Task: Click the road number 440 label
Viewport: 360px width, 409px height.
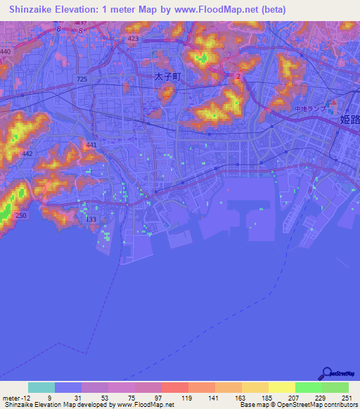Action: [6, 52]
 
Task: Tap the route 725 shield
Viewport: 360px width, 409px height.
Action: [83, 79]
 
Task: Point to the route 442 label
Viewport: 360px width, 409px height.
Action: [27, 153]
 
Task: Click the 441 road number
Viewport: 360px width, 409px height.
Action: [91, 145]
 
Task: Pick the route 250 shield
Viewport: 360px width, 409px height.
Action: [21, 215]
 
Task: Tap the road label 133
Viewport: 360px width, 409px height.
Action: [91, 219]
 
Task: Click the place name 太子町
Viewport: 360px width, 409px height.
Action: [167, 79]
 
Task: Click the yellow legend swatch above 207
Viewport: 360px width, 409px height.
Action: [281, 387]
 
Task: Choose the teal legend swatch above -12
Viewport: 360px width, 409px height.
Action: [41, 387]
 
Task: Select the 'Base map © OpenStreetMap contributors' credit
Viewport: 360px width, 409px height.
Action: [296, 405]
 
